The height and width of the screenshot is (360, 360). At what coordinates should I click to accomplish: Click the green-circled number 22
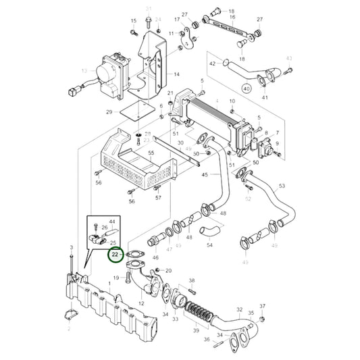[x=115, y=255]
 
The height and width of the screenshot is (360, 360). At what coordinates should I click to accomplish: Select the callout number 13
[x=84, y=70]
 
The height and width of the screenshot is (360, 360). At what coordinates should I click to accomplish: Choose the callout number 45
[x=205, y=176]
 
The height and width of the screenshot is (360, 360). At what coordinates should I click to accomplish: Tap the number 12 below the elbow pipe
[x=142, y=304]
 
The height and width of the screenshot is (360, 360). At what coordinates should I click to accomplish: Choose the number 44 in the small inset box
[x=111, y=222]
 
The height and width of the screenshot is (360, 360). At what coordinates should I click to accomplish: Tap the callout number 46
[x=156, y=258]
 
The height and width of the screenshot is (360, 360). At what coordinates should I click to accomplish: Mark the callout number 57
[x=158, y=198]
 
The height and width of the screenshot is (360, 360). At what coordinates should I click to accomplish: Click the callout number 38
[x=192, y=280]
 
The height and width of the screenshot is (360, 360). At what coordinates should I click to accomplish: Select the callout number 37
[x=263, y=306]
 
